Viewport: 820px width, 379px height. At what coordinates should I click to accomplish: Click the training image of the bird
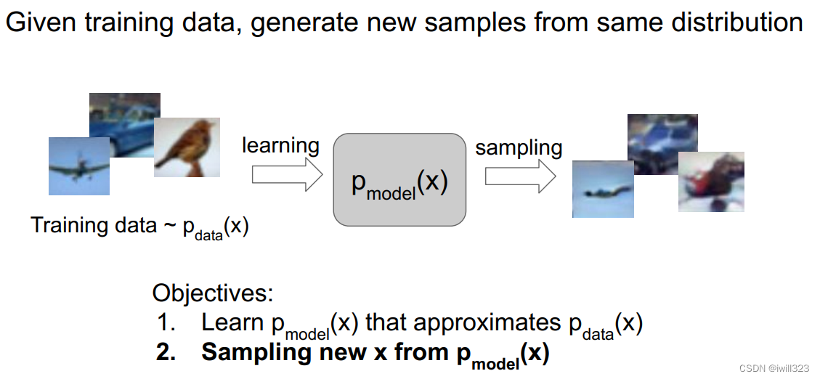(187, 148)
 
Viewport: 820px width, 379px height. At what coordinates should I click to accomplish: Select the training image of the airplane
(78, 167)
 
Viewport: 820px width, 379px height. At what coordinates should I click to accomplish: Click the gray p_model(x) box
(399, 179)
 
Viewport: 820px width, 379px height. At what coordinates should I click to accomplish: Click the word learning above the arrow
(280, 145)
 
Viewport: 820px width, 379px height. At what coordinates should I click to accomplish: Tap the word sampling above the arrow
(519, 147)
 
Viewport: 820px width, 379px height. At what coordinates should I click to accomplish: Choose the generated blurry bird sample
(711, 182)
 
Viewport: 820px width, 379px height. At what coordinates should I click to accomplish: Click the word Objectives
(213, 294)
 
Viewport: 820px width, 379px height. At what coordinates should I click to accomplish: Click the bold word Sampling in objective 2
(251, 352)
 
